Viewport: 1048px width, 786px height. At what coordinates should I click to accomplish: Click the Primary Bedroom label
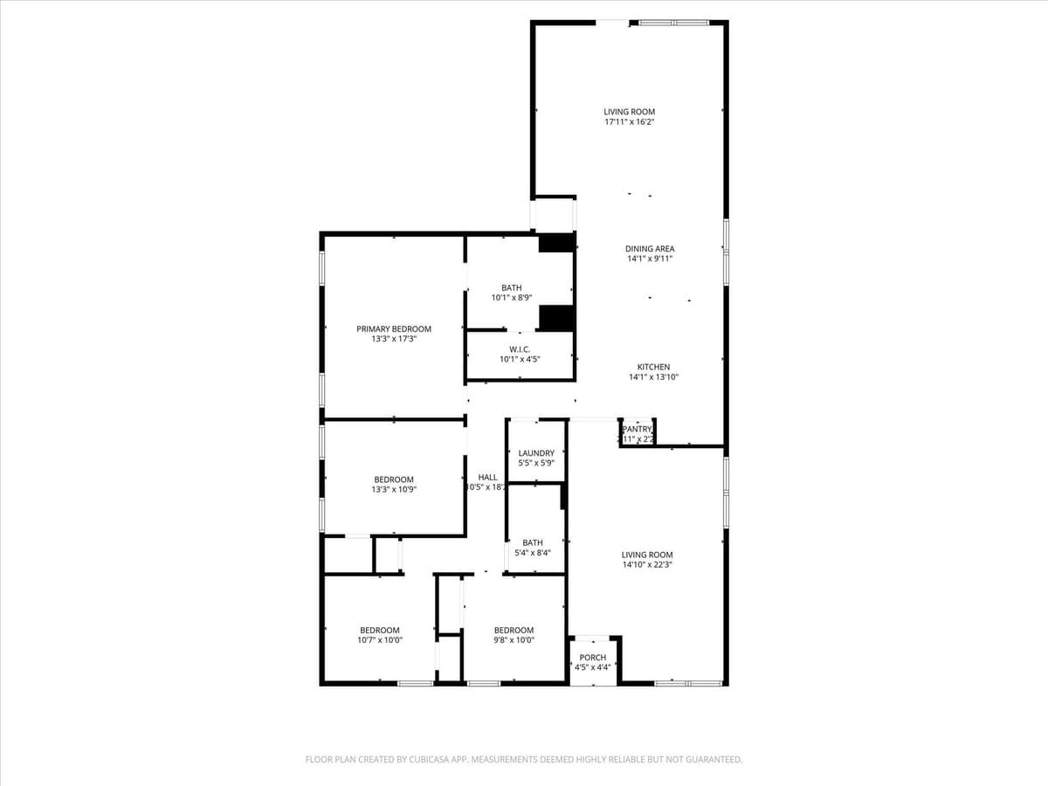point(394,329)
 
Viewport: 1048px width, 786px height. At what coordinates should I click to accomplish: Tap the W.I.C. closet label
point(520,349)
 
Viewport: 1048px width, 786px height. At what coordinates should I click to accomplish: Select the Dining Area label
point(650,249)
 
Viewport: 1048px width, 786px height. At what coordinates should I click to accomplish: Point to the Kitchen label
point(653,367)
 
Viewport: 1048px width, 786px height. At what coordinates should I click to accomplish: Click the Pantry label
point(638,429)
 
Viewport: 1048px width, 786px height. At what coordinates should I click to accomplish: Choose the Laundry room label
point(536,453)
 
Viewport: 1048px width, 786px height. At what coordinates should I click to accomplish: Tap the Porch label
point(593,658)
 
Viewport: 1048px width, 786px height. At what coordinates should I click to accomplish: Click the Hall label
point(487,478)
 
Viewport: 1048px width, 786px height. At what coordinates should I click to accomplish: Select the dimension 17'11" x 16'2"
point(630,122)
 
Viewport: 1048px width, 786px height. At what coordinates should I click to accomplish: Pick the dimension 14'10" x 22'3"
point(647,565)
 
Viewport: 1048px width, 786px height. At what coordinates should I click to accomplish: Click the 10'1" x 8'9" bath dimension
point(512,298)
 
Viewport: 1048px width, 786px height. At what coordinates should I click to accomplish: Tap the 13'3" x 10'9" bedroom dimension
point(394,490)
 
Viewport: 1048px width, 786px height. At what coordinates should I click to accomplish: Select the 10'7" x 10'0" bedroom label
point(380,631)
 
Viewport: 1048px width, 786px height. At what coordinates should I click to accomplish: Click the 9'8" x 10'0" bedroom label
point(514,631)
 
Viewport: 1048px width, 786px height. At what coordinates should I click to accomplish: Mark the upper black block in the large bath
point(556,244)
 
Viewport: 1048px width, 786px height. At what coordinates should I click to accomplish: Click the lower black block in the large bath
point(556,318)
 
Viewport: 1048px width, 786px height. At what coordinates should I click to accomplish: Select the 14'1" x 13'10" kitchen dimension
point(654,377)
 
